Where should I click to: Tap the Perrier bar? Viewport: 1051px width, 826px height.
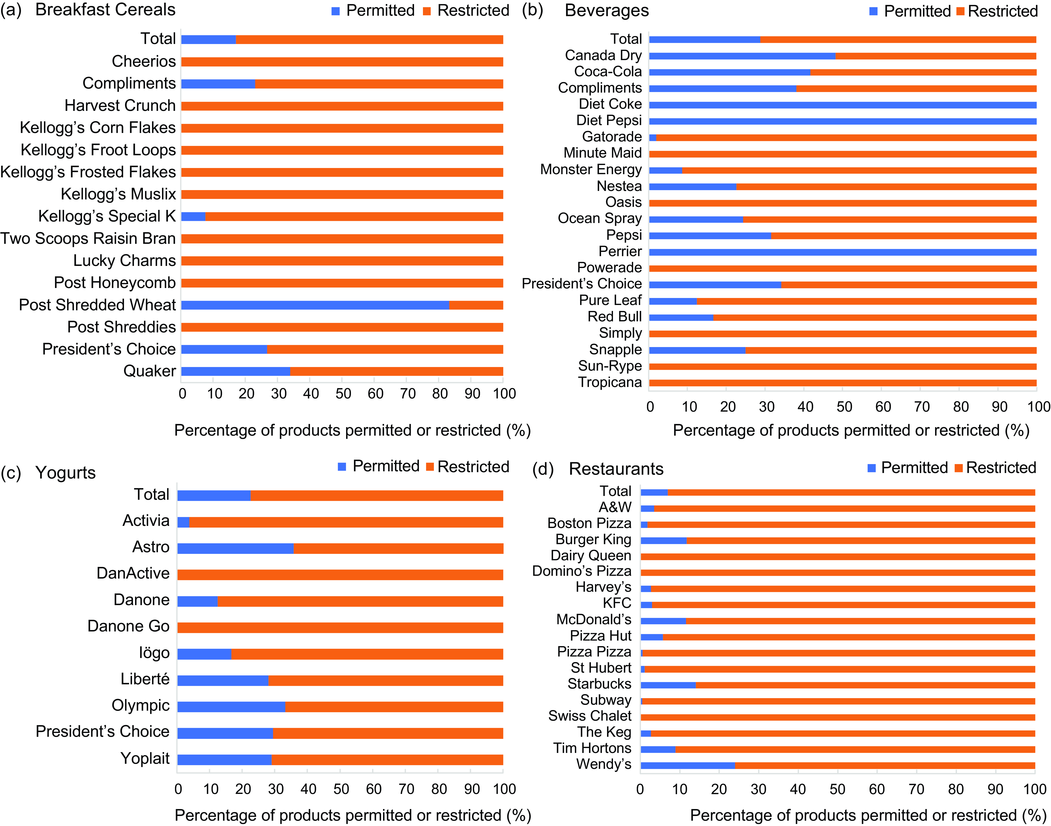842,252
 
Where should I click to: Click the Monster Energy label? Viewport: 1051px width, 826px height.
591,170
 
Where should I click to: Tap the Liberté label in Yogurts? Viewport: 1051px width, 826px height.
145,679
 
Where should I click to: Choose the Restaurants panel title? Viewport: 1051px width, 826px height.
616,469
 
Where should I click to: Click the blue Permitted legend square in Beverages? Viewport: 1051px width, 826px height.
873,11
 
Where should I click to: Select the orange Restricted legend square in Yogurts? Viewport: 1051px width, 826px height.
430,467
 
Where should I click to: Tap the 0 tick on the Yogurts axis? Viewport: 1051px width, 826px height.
178,789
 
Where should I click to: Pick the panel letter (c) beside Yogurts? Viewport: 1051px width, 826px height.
11,473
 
